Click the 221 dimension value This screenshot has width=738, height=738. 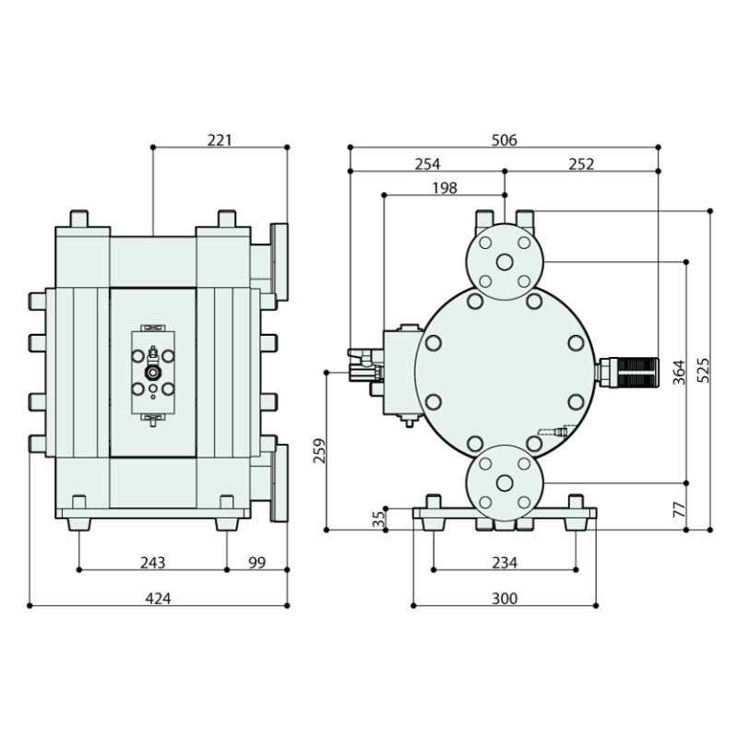pos(220,140)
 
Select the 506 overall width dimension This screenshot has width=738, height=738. pos(504,140)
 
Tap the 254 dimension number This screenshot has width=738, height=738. pos(427,164)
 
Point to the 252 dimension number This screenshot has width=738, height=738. pos(581,164)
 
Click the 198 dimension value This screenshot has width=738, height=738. pos(444,188)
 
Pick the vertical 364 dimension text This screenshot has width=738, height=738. pos(679,372)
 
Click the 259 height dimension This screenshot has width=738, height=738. pos(320,450)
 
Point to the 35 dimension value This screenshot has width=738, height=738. pos(377,518)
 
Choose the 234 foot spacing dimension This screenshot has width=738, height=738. pos(504,563)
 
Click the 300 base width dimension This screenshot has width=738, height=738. pos(504,599)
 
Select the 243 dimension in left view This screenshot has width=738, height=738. pos(152,563)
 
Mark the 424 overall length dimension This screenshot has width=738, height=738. pos(158,599)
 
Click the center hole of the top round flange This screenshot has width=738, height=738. pos(504,262)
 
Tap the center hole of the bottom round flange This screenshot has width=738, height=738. pos(504,483)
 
